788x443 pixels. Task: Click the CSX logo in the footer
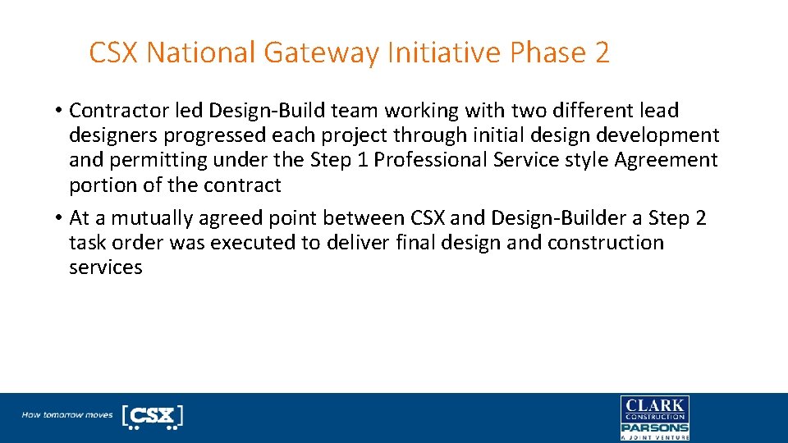pyautogui.click(x=152, y=416)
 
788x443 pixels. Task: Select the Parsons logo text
pyautogui.click(x=654, y=427)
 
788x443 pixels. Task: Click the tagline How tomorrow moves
pyautogui.click(x=67, y=415)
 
